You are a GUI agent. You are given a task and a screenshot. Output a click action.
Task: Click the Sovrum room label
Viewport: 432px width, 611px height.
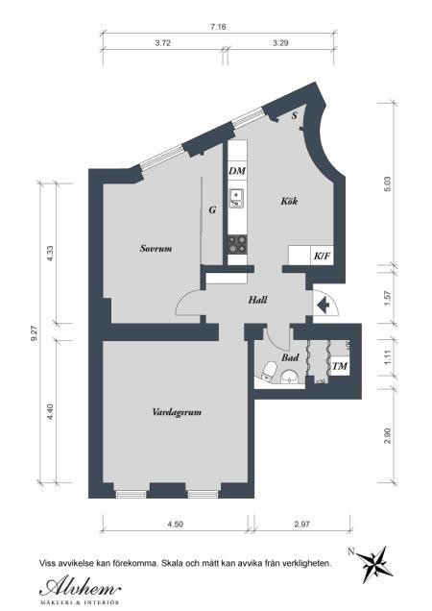[x=156, y=248]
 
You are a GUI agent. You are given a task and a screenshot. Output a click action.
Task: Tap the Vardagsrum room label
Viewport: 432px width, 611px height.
[x=177, y=412]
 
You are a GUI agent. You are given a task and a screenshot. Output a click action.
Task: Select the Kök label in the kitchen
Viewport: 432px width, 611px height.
[x=289, y=201]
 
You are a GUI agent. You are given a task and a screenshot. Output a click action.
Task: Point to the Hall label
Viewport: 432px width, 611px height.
[x=258, y=300]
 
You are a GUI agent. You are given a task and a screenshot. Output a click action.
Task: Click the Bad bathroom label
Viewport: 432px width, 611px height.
[x=290, y=357]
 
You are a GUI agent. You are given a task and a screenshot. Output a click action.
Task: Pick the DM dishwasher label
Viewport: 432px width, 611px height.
[x=237, y=171]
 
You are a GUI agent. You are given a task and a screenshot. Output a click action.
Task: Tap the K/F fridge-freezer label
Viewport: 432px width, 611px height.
[x=323, y=256]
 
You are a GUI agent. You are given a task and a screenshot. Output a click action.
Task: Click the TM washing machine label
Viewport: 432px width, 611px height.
[x=340, y=366]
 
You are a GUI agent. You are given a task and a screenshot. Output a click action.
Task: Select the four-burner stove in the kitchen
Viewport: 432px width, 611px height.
[x=237, y=245]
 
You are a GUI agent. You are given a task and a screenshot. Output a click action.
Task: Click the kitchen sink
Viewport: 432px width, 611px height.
[x=236, y=198]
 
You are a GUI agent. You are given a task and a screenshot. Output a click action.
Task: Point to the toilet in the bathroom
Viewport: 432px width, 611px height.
[x=269, y=370]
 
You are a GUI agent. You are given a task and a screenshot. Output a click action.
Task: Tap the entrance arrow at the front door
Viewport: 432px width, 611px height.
[x=323, y=305]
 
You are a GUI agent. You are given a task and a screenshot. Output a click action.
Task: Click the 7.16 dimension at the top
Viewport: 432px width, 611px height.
[x=218, y=27]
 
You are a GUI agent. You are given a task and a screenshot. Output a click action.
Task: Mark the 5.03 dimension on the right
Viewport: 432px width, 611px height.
[x=387, y=184]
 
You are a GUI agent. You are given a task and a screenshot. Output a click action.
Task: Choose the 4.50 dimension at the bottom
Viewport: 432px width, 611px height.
[x=176, y=525]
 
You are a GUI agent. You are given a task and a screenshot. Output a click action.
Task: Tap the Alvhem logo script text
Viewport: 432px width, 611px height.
[x=81, y=586]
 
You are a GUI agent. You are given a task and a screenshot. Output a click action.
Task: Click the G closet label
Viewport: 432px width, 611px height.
[x=212, y=210]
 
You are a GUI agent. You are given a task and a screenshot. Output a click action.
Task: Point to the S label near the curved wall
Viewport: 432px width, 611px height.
[x=295, y=115]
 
